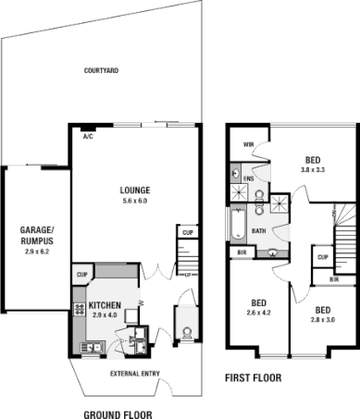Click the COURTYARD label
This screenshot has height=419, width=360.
click(99, 70)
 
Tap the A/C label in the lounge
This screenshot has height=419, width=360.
click(89, 136)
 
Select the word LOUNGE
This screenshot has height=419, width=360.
click(135, 191)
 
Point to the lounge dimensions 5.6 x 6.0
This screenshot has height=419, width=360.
click(135, 201)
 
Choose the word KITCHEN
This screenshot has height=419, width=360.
click(105, 304)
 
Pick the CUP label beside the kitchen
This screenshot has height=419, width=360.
click(81, 274)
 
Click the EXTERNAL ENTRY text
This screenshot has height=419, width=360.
click(135, 373)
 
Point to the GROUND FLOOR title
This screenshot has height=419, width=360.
click(118, 414)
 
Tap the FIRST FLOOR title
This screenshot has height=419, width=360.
click(254, 378)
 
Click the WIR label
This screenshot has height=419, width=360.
click(248, 144)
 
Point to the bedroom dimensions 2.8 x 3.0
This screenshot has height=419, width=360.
click(323, 319)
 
